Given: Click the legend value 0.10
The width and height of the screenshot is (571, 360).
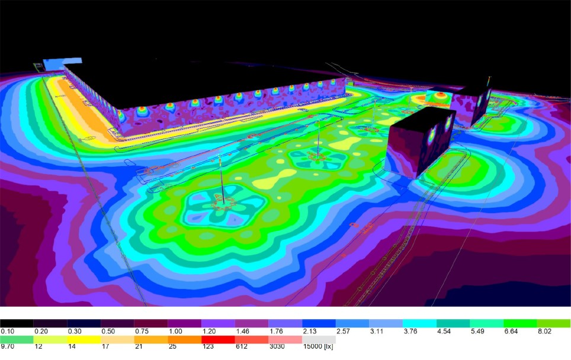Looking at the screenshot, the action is pos(7,331).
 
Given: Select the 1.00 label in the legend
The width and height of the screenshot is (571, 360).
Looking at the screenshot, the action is pos(175,331).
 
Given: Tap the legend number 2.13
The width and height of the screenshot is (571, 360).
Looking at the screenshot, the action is pos(310,331).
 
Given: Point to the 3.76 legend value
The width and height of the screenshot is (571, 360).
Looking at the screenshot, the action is pos(410,331).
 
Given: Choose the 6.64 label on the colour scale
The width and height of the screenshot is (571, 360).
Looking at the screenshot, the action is pos(511,331).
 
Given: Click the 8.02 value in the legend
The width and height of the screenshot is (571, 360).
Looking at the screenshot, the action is pos(544,331).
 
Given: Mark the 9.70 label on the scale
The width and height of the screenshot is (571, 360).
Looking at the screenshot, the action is pos(7,346).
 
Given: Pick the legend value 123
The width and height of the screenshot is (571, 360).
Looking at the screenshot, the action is pos(208,346).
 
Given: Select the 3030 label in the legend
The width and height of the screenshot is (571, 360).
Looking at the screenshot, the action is pos(277,346).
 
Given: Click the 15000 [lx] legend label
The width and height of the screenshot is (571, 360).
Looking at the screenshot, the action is pos(318,346).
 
